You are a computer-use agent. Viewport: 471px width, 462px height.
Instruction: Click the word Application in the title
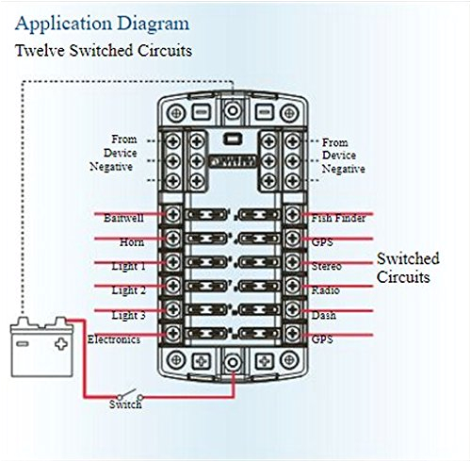[57, 22]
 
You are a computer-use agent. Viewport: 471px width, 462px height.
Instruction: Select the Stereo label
[327, 267]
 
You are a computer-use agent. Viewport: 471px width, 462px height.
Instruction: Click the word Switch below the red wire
[125, 405]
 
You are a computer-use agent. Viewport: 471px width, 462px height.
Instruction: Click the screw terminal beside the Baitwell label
[173, 217]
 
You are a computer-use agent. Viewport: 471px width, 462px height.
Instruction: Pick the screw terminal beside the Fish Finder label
[294, 217]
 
